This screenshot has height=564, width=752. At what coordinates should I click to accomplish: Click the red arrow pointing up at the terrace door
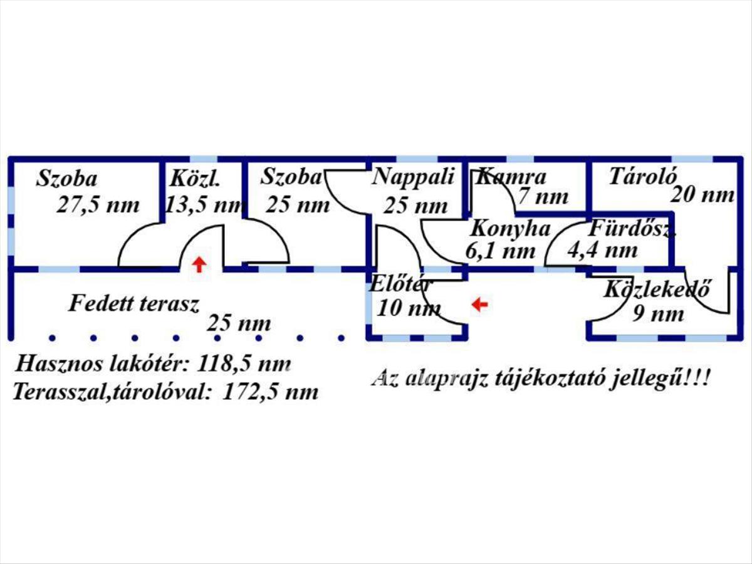pyautogui.click(x=199, y=264)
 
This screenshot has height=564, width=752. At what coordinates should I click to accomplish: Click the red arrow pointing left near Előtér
pyautogui.click(x=479, y=305)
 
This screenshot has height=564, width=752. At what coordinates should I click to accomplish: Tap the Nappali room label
pyautogui.click(x=413, y=177)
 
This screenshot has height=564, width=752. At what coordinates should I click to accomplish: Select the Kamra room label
pyautogui.click(x=511, y=177)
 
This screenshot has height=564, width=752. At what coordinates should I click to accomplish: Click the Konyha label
pyautogui.click(x=510, y=228)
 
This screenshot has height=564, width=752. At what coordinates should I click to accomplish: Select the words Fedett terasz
pyautogui.click(x=134, y=305)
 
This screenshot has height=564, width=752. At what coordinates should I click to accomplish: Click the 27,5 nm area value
pyautogui.click(x=98, y=206)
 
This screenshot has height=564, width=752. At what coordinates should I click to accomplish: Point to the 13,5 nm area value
pyautogui.click(x=204, y=206)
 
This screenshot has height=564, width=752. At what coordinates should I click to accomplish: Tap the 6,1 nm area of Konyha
pyautogui.click(x=500, y=251)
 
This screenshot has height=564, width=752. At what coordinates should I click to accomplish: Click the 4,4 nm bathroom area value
pyautogui.click(x=602, y=251)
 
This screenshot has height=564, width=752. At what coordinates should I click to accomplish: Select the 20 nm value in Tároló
pyautogui.click(x=702, y=195)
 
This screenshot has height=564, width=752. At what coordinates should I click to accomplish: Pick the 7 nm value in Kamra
pyautogui.click(x=543, y=197)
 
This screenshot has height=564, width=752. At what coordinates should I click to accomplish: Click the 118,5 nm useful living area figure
pyautogui.click(x=244, y=364)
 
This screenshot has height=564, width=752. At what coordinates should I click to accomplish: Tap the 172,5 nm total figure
pyautogui.click(x=270, y=393)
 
